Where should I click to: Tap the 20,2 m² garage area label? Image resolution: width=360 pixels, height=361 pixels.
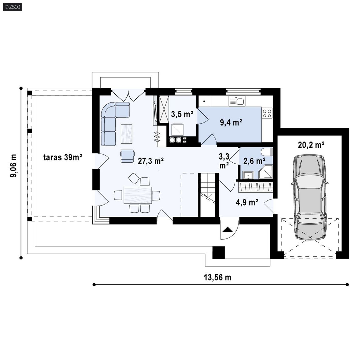(x=311, y=145)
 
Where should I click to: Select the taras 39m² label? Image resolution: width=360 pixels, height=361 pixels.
(x=62, y=157)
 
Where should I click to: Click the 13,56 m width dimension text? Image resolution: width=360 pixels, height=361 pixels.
(x=217, y=277)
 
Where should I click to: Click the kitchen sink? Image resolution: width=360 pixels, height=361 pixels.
(x=237, y=101)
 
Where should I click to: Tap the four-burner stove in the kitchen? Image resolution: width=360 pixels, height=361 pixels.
(x=267, y=113)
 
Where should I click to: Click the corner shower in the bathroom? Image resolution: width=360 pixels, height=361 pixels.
(x=266, y=172)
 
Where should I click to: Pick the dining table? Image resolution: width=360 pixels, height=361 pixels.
(x=138, y=195)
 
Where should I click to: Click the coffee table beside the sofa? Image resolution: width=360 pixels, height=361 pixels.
(x=127, y=134)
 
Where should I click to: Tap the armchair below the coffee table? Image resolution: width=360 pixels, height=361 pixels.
(x=127, y=156)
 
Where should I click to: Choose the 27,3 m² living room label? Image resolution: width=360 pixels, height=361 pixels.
(x=151, y=161)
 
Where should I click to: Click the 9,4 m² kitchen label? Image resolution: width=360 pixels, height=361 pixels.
(x=231, y=122)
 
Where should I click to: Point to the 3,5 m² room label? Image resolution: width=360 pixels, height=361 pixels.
(x=182, y=114)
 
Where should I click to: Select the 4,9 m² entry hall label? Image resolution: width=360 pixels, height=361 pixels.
(x=247, y=202)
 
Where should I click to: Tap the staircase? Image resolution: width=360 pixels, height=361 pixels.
(x=208, y=195)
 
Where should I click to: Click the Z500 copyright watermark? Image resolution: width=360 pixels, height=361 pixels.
(x=12, y=7)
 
